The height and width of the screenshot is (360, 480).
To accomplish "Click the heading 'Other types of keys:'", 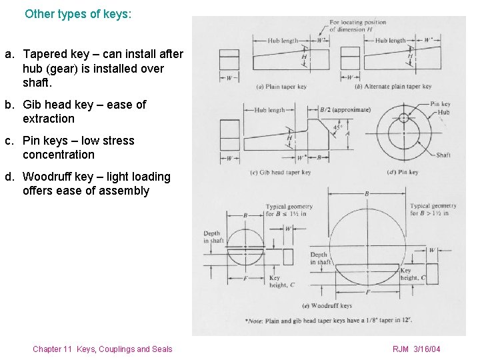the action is click(78, 13).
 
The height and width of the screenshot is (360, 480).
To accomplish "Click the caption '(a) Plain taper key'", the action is click(281, 87).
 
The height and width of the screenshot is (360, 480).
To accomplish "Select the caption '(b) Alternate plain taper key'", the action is click(393, 87).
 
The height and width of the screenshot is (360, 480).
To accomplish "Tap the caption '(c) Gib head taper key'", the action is click(281, 172).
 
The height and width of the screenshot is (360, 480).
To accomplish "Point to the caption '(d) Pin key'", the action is click(403, 172).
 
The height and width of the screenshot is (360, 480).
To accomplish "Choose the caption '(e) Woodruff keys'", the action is click(327, 305).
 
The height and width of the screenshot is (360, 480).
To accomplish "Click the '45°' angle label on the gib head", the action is click(337, 127).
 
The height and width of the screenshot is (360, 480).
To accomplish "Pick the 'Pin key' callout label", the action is click(440, 104).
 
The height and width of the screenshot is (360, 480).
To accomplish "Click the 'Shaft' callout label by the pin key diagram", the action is click(443, 155).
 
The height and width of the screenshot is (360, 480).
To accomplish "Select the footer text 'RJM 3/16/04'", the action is click(417, 349).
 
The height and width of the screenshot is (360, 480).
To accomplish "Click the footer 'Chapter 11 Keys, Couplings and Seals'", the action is click(102, 349).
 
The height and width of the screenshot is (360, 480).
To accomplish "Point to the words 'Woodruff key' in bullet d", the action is click(56, 177).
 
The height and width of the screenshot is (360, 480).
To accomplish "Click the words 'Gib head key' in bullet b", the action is click(57, 105).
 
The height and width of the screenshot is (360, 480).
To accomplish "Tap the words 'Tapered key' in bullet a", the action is click(57, 54).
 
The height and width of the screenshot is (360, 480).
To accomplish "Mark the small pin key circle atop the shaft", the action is click(403, 118).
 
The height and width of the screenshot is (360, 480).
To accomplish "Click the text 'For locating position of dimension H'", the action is click(358, 26).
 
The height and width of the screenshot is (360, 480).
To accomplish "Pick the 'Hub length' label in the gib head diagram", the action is click(269, 110).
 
